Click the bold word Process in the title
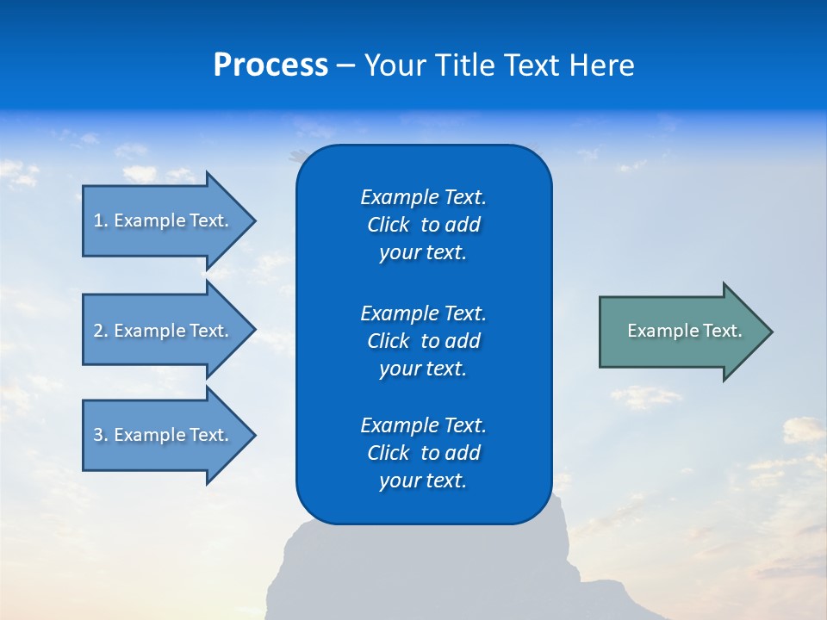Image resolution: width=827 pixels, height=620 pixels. [270, 65]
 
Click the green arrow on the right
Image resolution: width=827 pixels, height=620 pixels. [681, 331]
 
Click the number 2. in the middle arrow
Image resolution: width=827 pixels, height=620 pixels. [101, 331]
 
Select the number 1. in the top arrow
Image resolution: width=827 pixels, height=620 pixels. [101, 220]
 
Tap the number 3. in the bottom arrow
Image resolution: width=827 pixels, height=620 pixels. [101, 435]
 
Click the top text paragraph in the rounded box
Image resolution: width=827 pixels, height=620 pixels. [423, 225]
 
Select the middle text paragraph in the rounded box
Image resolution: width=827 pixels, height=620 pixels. [423, 341]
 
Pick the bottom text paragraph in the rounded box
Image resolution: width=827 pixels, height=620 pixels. [423, 453]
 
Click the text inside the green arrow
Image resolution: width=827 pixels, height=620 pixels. [684, 331]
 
